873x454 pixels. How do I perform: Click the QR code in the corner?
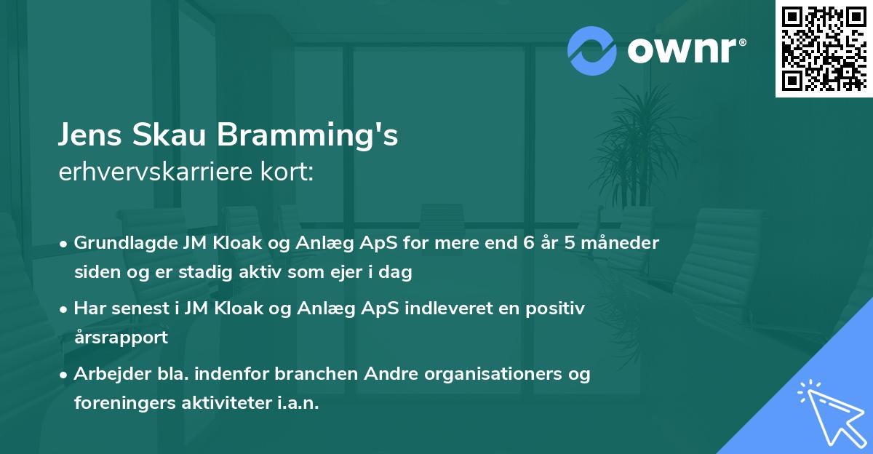[x=824, y=48]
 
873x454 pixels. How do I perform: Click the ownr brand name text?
[x=685, y=51]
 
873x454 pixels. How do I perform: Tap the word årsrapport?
[x=121, y=338]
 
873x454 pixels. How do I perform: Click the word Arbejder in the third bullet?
[x=107, y=374]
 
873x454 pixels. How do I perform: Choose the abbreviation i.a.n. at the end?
[x=295, y=403]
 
